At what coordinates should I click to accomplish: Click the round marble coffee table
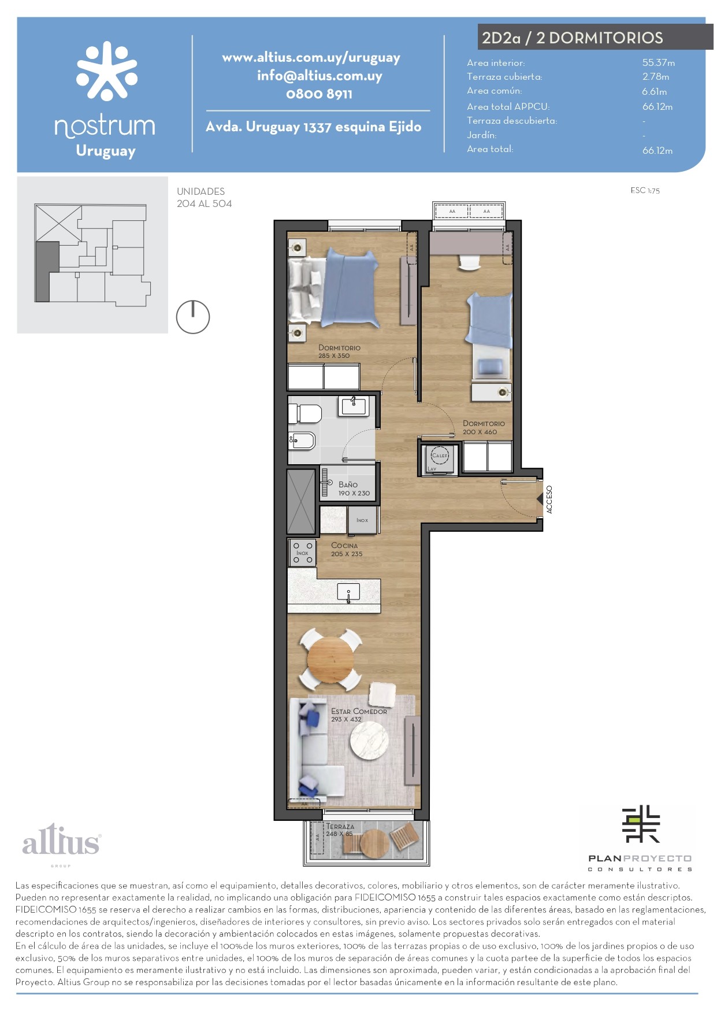click(x=369, y=739)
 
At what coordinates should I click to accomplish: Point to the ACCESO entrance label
click(x=549, y=499)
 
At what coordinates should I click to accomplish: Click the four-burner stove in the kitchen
click(x=303, y=553)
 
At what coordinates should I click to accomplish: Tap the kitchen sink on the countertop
click(x=348, y=592)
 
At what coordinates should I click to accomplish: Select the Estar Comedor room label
click(x=359, y=715)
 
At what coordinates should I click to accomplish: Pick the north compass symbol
click(x=193, y=317)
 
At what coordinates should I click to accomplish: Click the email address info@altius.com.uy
click(x=320, y=76)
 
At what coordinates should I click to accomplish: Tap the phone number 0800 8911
click(x=319, y=94)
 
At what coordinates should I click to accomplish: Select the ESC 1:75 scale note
click(x=645, y=190)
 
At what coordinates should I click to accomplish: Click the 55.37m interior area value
click(x=659, y=62)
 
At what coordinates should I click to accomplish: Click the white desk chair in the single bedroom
click(x=470, y=262)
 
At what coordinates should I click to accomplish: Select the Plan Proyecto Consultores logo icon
click(x=641, y=824)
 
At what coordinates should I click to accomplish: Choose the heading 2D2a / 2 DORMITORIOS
click(x=573, y=38)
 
